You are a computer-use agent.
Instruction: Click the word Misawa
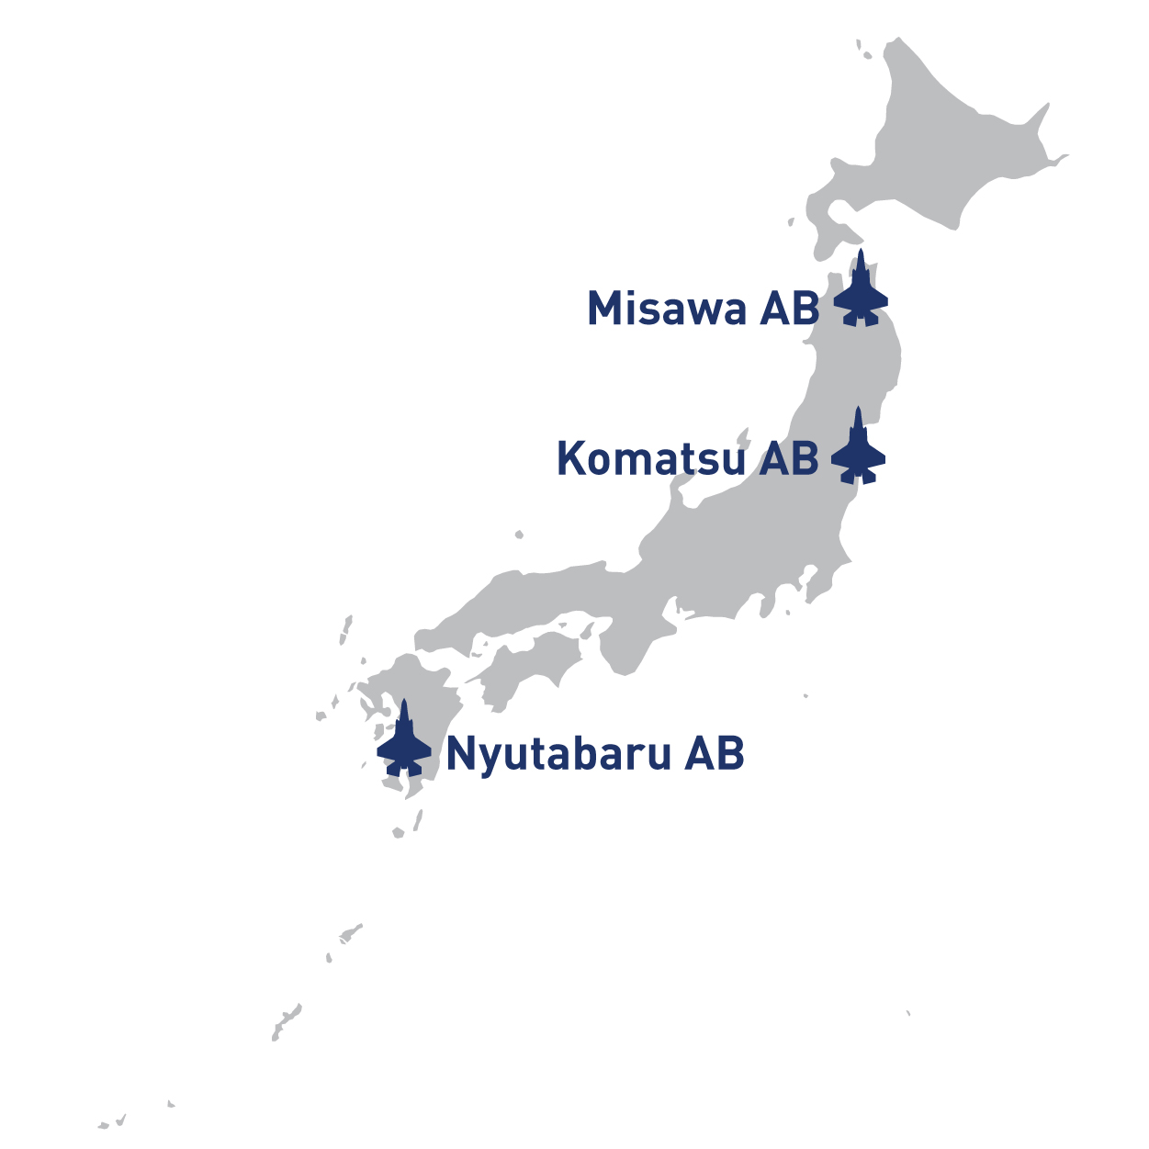(x=667, y=309)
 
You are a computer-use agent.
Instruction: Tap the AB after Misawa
(x=789, y=309)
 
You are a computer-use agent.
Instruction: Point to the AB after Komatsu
(x=788, y=458)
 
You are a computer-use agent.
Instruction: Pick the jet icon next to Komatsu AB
(x=859, y=449)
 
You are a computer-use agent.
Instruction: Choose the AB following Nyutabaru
(x=714, y=754)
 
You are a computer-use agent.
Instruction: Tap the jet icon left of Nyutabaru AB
(x=404, y=742)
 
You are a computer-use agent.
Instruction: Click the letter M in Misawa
(x=603, y=309)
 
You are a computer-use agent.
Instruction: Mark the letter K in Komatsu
(x=571, y=458)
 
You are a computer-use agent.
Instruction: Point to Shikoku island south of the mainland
(x=528, y=666)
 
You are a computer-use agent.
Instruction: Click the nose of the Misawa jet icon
(x=861, y=253)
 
